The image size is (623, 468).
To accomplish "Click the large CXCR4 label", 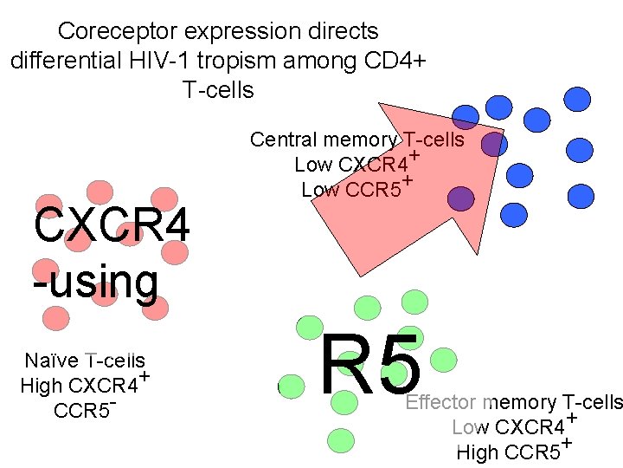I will [x=111, y=227].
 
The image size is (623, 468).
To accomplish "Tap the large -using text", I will [x=95, y=281].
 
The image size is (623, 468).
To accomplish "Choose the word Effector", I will [x=441, y=402].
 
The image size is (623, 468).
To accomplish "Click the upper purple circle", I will [x=492, y=144].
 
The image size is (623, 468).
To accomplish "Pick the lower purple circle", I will [x=461, y=199].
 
